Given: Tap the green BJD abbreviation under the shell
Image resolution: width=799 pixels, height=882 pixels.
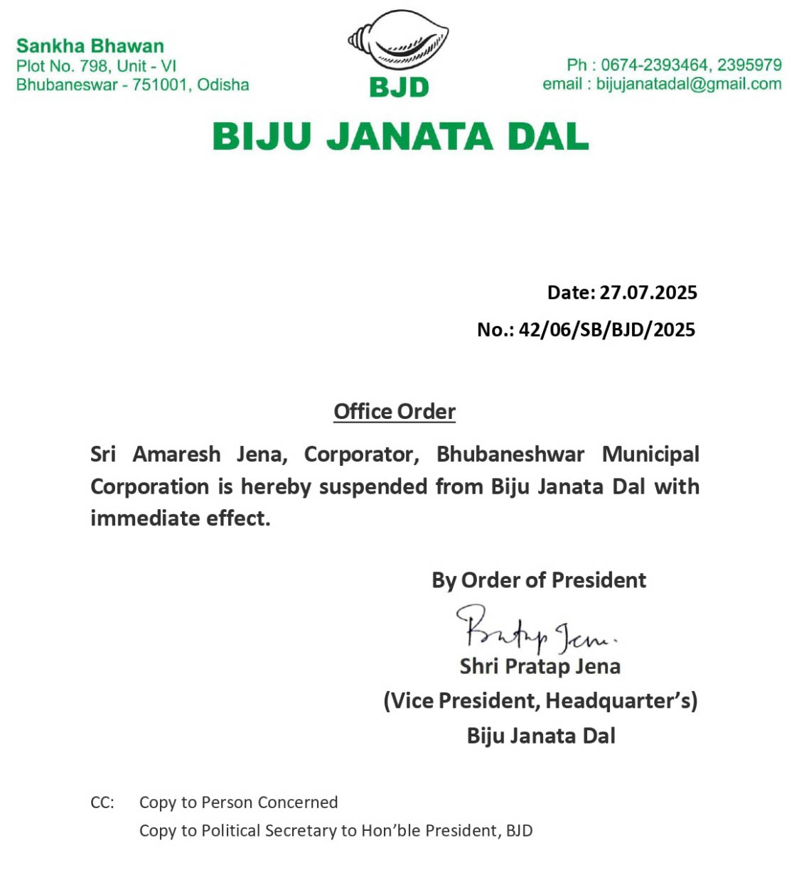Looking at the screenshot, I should click(399, 87).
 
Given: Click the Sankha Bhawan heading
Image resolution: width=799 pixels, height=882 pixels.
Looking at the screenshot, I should click(90, 46).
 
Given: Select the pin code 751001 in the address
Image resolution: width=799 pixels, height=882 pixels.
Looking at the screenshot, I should click(160, 85).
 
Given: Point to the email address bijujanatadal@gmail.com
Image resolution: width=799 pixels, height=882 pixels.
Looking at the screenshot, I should click(688, 84).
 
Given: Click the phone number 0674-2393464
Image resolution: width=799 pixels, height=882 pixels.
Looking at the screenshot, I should click(654, 65).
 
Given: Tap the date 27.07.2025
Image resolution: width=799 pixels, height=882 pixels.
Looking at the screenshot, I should click(648, 293).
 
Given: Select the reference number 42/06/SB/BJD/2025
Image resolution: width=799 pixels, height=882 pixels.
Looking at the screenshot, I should click(606, 330).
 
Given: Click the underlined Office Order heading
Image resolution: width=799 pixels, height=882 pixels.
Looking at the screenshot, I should click(395, 412).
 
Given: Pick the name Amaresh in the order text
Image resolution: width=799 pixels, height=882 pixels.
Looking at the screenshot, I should click(176, 454).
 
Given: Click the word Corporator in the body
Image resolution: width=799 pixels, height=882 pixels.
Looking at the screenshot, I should click(361, 454).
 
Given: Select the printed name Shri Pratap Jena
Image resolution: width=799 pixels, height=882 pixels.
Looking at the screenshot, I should click(540, 666).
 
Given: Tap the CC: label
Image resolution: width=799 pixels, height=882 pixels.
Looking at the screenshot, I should click(102, 802).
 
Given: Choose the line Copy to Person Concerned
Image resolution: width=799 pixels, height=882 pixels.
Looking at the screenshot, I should click(238, 802).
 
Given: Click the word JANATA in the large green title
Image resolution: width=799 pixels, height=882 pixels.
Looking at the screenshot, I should click(409, 136).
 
